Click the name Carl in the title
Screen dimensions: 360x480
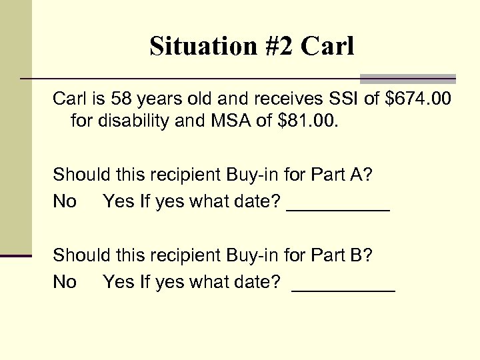(x=328, y=46)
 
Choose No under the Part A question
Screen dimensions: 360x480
(x=65, y=201)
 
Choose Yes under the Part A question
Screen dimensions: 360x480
(x=119, y=201)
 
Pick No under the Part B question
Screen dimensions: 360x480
(x=65, y=281)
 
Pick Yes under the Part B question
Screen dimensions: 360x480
(x=119, y=281)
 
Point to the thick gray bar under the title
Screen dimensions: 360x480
(x=407, y=78)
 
